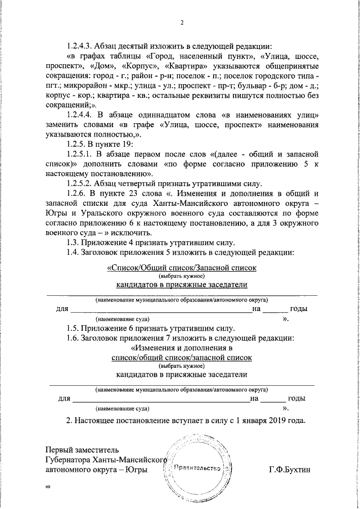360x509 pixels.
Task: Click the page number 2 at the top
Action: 182,22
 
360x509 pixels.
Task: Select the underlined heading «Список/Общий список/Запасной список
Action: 181,268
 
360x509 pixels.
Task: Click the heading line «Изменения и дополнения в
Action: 181,348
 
